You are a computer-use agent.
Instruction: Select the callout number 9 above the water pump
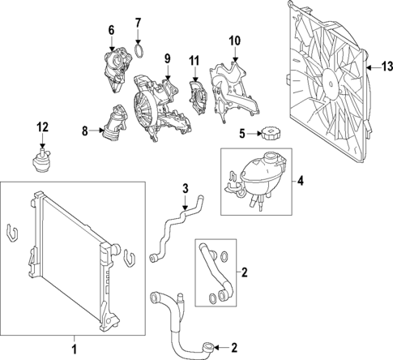pos(167,58)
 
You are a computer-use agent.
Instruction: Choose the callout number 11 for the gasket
pos(193,61)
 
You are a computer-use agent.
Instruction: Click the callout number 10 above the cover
pos(234,41)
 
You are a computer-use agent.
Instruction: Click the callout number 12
pos(42,126)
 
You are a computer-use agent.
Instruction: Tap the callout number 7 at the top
pos(138,21)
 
